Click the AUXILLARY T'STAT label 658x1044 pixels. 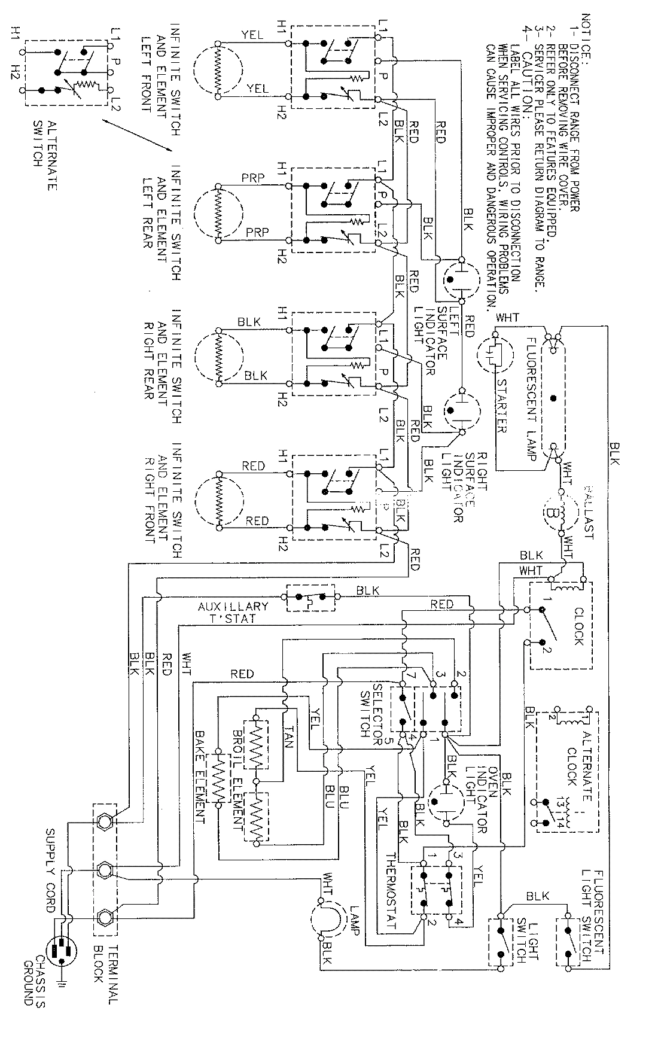[x=233, y=612]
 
